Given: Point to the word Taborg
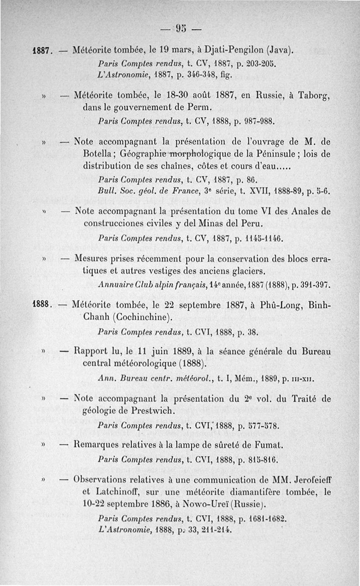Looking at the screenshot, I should pos(313,95).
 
